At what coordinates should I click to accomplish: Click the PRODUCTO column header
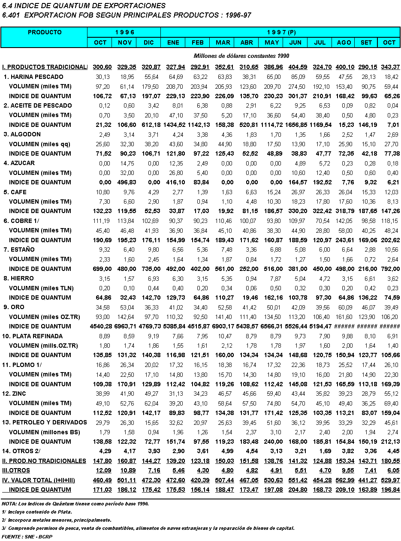(x=45, y=33)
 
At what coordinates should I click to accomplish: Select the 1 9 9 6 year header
(x=124, y=33)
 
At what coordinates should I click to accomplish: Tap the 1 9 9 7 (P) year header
(x=281, y=33)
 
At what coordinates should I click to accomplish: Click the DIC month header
(x=149, y=42)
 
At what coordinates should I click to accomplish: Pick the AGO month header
(x=344, y=42)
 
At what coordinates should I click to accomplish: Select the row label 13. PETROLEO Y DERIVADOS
(x=45, y=422)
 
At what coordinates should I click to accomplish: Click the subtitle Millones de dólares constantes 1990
(x=241, y=56)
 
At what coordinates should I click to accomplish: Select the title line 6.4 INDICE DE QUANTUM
(x=84, y=6)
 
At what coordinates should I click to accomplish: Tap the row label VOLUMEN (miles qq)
(x=39, y=144)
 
